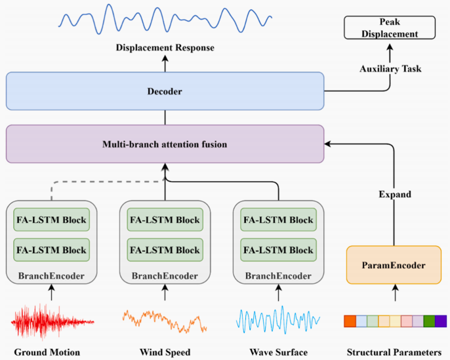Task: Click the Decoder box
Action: (165, 91)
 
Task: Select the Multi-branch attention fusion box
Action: (165, 144)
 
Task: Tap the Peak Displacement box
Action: (389, 28)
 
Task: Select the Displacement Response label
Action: (165, 48)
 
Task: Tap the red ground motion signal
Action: (52, 321)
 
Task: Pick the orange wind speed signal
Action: (165, 320)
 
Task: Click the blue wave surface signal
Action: (278, 321)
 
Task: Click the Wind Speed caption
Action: (165, 352)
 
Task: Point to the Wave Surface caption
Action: (278, 352)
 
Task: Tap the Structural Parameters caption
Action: (396, 352)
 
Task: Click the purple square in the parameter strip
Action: (440, 321)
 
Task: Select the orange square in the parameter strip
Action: (350, 321)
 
